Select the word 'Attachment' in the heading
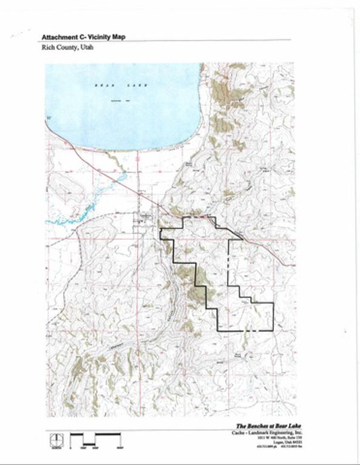tap(58, 36)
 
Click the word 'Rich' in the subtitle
tap(47, 47)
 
